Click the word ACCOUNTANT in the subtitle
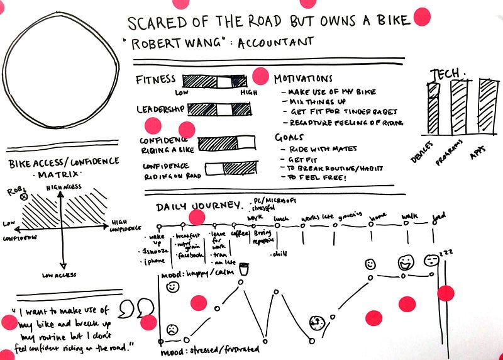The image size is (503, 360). click(276, 43)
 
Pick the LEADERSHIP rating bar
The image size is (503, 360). click(219, 110)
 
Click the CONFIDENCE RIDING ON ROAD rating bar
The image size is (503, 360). click(231, 168)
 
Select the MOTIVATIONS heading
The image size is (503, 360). click(303, 79)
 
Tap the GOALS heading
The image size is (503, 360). click(289, 137)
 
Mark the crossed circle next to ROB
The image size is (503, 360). click(25, 197)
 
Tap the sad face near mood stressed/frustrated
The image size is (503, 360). click(171, 329)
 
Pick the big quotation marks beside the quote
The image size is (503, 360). click(135, 308)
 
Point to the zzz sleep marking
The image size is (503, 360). click(446, 252)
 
